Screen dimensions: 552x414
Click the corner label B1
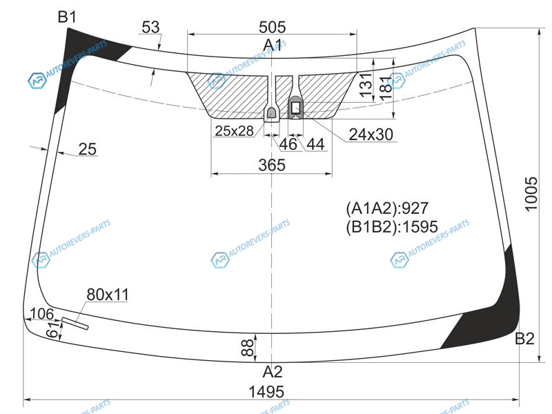67,17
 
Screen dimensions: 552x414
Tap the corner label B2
524,338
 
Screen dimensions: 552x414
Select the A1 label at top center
273,45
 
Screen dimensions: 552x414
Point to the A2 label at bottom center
273,371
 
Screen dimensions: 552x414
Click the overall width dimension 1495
266,391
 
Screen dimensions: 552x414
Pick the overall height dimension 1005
531,194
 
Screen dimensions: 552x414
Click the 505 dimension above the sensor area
272,27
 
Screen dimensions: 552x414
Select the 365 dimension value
272,165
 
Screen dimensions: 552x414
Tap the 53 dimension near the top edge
150,27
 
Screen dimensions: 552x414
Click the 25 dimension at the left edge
88,149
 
